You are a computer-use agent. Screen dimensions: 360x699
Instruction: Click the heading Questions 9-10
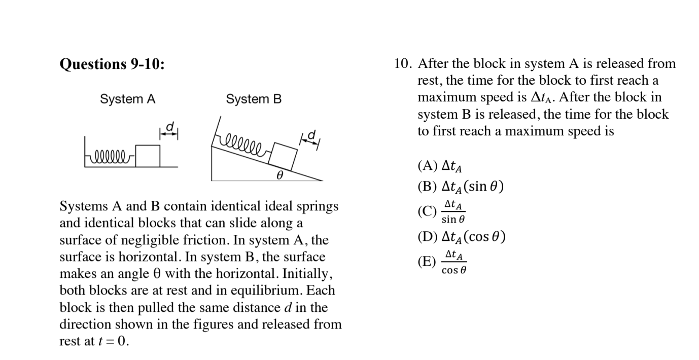point(112,64)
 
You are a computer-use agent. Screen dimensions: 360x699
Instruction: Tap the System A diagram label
point(127,99)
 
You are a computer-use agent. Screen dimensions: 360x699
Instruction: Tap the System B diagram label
point(254,99)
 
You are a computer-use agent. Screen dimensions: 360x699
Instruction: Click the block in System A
point(150,156)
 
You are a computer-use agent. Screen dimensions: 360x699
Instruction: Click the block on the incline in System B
point(283,156)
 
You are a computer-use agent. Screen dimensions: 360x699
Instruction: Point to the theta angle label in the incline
point(278,175)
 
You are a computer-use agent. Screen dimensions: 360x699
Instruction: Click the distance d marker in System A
point(170,131)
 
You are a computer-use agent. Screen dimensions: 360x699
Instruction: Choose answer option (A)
point(439,166)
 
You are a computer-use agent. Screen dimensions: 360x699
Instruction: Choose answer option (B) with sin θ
point(460,187)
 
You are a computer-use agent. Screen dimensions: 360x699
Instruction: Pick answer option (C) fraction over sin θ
point(441,211)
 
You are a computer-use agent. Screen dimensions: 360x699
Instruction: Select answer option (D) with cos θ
point(461,237)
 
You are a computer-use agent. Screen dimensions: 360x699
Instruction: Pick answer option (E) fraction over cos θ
point(442,262)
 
